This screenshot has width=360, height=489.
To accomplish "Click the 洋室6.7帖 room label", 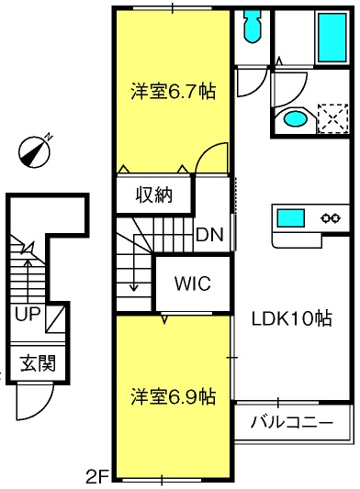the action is pyautogui.click(x=173, y=91).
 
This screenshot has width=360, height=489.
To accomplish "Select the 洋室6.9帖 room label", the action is pyautogui.click(x=173, y=396).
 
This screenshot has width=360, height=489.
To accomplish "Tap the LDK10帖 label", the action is pyautogui.click(x=292, y=318).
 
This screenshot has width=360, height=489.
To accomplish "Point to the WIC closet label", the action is pyautogui.click(x=193, y=283).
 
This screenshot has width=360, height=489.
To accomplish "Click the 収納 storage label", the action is pyautogui.click(x=154, y=195).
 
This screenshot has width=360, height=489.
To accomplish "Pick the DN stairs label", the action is pyautogui.click(x=209, y=235).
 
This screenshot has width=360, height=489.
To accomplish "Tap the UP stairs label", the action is pyautogui.click(x=28, y=314).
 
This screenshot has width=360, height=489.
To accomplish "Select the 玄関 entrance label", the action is pyautogui.click(x=38, y=363).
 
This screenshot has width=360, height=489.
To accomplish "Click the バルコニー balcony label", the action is pyautogui.click(x=292, y=423).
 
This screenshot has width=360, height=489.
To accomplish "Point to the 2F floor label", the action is pyautogui.click(x=96, y=476).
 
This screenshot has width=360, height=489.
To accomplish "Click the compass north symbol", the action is pyautogui.click(x=35, y=151).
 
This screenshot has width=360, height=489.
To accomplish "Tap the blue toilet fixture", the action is pyautogui.click(x=253, y=27).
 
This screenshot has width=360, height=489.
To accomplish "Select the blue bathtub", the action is pyautogui.click(x=332, y=38).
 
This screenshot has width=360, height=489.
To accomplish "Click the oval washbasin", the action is pyautogui.click(x=296, y=119).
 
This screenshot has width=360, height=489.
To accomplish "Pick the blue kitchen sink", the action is pyautogui.click(x=291, y=218).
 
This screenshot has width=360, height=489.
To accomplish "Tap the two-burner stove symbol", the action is pyautogui.click(x=330, y=217).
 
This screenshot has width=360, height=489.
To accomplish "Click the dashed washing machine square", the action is pyautogui.click(x=332, y=118).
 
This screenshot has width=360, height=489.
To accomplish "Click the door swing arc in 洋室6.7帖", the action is pyautogui.click(x=206, y=153).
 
